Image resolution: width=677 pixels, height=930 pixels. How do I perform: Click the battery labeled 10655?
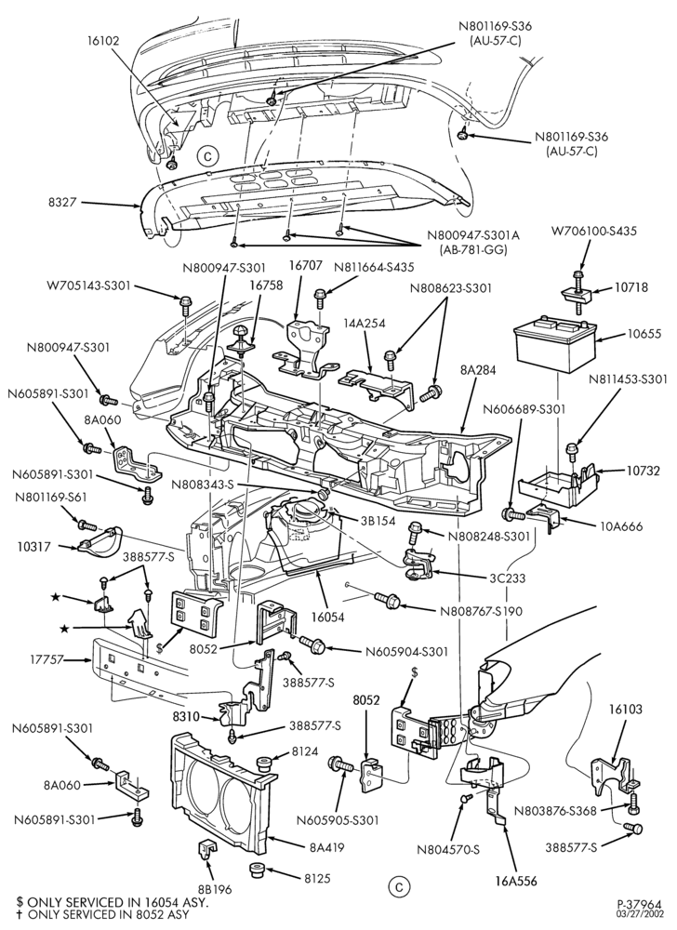(x=554, y=345)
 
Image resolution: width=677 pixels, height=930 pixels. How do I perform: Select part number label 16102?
(x=102, y=41)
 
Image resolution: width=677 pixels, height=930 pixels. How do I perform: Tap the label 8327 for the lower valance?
(x=62, y=203)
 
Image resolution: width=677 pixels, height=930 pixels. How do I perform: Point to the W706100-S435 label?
(x=594, y=231)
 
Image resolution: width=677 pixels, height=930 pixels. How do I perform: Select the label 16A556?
(x=516, y=881)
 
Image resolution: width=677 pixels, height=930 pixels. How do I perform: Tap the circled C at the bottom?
(x=398, y=887)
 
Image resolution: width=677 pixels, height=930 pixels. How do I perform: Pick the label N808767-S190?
(x=481, y=611)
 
